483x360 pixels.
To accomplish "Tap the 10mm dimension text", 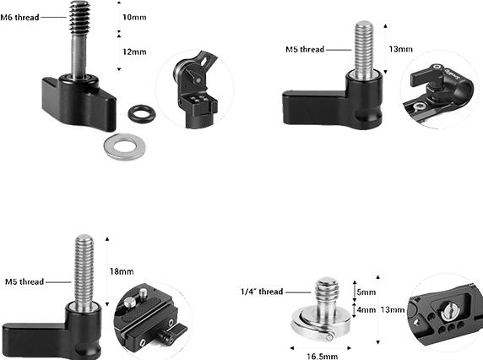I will click(x=133, y=18).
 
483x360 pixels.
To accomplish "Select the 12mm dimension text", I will click(x=134, y=52).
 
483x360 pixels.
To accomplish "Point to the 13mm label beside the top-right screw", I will click(x=399, y=49).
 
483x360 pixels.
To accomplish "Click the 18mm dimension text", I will click(x=122, y=271).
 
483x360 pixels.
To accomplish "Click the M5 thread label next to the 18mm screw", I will click(x=24, y=281).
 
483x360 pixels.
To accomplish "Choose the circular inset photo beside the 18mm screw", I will click(x=150, y=314).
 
